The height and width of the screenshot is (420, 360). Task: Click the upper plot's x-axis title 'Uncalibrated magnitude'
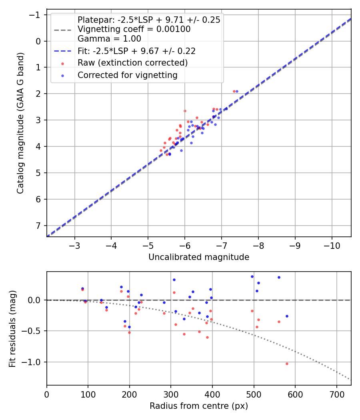199,257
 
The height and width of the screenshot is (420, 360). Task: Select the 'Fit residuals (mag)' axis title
12,328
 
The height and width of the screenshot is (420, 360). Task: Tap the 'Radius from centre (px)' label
199,406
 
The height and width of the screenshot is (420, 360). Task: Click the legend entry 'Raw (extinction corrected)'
132,63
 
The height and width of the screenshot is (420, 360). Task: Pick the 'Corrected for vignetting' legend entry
127,75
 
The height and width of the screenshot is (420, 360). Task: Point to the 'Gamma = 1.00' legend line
109,39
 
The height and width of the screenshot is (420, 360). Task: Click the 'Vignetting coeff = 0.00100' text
134,29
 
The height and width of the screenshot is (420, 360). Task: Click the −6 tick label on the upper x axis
185,245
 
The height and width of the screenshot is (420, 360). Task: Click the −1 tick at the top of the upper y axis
37,15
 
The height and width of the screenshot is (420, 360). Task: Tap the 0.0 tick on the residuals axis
35,300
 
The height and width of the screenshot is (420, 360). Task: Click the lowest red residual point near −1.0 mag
287,364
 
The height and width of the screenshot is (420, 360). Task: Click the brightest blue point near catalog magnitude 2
237,91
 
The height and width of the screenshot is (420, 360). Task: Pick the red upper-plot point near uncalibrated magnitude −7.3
234,91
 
